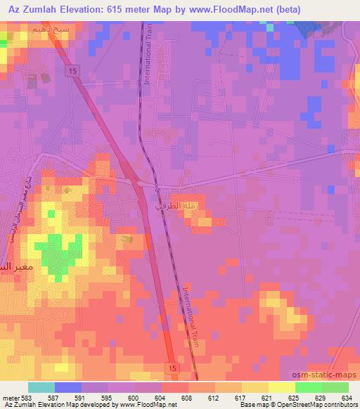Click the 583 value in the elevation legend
pyautogui.click(x=30, y=398)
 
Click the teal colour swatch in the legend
pyautogui.click(x=41, y=387)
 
